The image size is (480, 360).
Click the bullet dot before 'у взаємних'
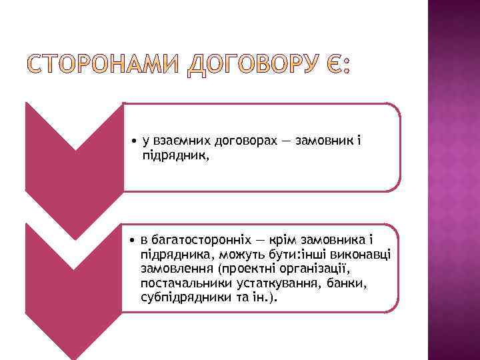(x=134, y=142)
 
